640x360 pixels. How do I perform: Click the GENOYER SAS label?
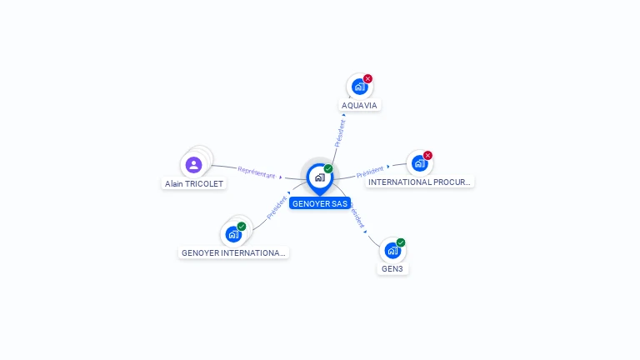(x=320, y=203)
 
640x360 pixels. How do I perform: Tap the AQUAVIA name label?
(x=359, y=106)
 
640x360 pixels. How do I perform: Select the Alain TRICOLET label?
(x=194, y=183)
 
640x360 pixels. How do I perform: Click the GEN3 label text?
(x=392, y=269)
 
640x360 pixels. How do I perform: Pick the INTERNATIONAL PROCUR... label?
(x=420, y=182)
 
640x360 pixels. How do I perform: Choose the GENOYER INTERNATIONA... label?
(x=233, y=252)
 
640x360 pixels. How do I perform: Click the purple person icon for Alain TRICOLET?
(x=194, y=165)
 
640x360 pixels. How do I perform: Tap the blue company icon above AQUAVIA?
(x=359, y=87)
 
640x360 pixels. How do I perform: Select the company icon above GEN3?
(x=392, y=250)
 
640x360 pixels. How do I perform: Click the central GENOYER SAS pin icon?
(x=319, y=177)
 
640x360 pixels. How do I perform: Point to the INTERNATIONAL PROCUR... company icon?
(x=419, y=163)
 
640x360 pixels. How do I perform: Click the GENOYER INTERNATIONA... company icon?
(x=233, y=234)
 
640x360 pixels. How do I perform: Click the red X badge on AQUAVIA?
(x=367, y=78)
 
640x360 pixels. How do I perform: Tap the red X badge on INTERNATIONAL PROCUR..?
(x=427, y=155)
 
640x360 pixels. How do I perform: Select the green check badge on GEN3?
(x=401, y=242)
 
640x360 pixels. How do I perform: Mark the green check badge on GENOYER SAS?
(x=328, y=168)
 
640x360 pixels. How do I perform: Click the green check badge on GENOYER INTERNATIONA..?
(x=242, y=226)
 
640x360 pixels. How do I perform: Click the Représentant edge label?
(x=257, y=172)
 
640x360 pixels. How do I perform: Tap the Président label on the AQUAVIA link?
(x=340, y=133)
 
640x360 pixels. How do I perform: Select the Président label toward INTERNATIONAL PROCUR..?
(x=370, y=172)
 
